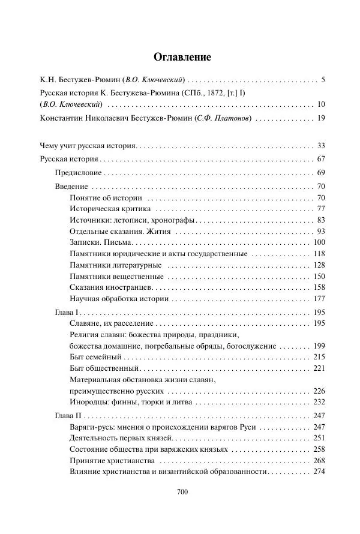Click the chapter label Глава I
(67, 313)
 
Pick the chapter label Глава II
(68, 416)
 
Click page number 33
(320, 146)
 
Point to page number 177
(319, 299)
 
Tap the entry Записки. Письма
(100, 242)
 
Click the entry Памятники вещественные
(116, 277)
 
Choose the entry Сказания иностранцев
(111, 287)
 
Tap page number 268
(319, 461)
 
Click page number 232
(319, 403)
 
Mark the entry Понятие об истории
(106, 197)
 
